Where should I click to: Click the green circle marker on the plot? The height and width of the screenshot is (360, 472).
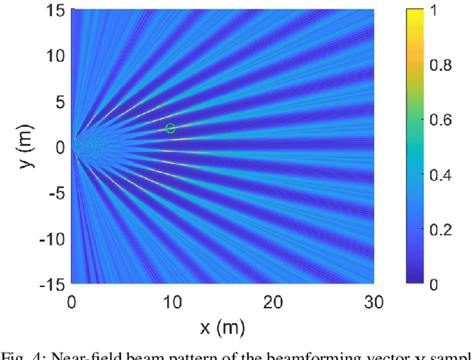(x=170, y=128)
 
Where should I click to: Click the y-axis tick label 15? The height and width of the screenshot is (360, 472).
(x=55, y=10)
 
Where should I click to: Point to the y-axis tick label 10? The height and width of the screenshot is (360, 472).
(x=55, y=56)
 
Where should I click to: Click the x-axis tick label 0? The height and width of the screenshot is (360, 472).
(x=72, y=302)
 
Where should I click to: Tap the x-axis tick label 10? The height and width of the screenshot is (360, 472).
(x=172, y=302)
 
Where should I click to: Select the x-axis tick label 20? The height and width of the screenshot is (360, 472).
(x=273, y=302)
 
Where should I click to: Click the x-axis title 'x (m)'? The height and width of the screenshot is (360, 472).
(x=222, y=327)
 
